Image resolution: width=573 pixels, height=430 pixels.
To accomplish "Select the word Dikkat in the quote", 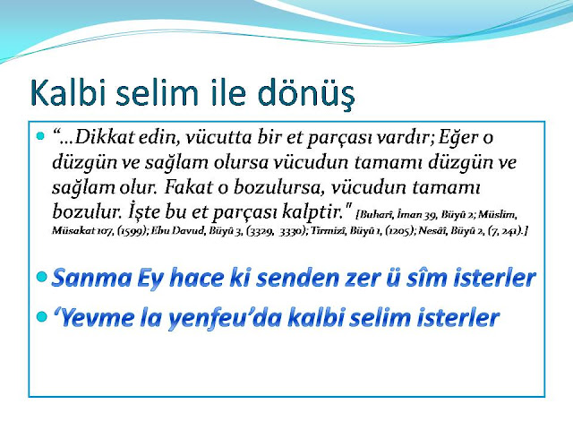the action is click(x=104, y=137).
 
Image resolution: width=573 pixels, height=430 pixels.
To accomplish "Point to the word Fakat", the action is click(x=189, y=187).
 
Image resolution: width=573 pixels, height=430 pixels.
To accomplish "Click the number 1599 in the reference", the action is click(x=133, y=231).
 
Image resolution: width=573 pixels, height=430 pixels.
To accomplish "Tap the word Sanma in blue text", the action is click(x=91, y=278).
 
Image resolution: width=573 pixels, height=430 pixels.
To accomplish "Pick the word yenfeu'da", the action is click(x=225, y=318).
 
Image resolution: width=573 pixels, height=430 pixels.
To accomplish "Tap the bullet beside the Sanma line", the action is click(x=42, y=277).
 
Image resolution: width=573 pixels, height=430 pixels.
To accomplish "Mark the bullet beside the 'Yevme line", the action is click(x=42, y=316).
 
